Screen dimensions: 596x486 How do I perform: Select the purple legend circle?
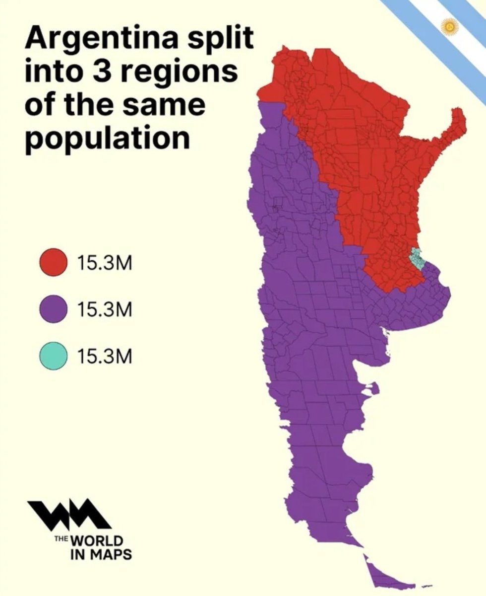pyautogui.click(x=54, y=309)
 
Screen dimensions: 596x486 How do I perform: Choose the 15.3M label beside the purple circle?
pyautogui.click(x=105, y=309)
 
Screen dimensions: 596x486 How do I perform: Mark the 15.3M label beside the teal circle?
pyautogui.click(x=105, y=356)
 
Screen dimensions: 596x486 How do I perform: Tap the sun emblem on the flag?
pyautogui.click(x=450, y=26)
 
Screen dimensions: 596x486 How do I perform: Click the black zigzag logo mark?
pyautogui.click(x=69, y=514)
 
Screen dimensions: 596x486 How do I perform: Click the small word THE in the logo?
pyautogui.click(x=62, y=537)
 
